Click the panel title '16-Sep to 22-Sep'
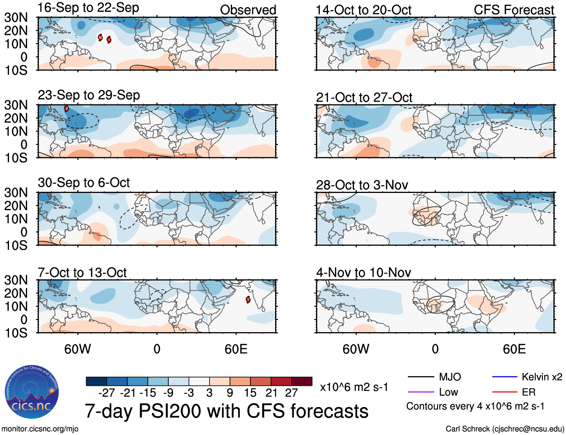coord(88,8)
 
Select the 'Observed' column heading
coord(248,10)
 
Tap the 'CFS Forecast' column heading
coord(514,10)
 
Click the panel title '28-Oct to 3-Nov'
coord(362,185)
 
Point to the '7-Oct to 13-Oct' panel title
coord(82,272)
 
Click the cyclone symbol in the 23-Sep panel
coord(66,108)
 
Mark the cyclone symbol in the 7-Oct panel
coord(248,300)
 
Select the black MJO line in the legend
coord(421,377)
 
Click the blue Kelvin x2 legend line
coord(505,377)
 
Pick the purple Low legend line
coord(421,392)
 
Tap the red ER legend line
coord(505,392)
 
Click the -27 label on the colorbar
coord(106,393)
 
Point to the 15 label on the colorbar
coord(250,393)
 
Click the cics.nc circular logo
coord(32,392)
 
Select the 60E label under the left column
coord(236,349)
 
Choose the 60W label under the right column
coord(356,349)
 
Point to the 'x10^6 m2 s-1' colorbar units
coord(354,387)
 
